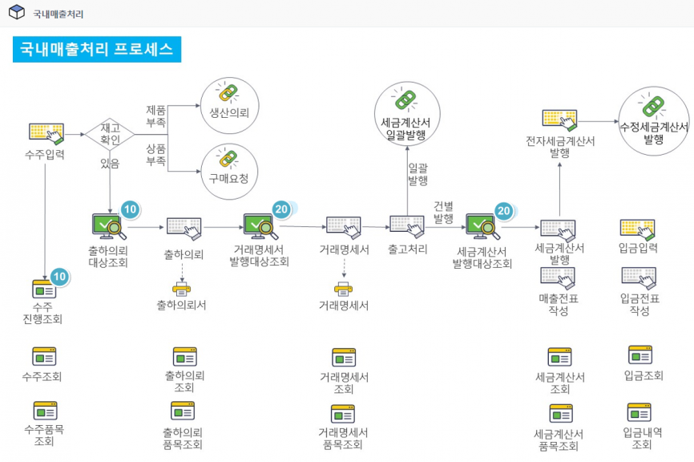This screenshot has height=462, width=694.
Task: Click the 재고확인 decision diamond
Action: tap(110, 134)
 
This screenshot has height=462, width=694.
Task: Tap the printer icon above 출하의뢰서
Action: tap(184, 287)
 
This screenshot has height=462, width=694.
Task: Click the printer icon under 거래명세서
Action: tap(344, 287)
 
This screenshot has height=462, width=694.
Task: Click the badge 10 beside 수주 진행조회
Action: tap(59, 277)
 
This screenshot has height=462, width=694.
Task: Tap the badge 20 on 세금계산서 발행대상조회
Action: tap(503, 211)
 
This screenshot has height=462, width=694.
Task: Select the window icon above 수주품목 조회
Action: tap(44, 411)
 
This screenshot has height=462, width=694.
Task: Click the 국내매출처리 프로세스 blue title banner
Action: tap(97, 49)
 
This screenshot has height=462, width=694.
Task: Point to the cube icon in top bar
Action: tap(16, 13)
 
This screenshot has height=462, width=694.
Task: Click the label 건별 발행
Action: tap(443, 212)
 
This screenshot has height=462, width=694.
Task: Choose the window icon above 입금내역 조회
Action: tap(642, 413)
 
